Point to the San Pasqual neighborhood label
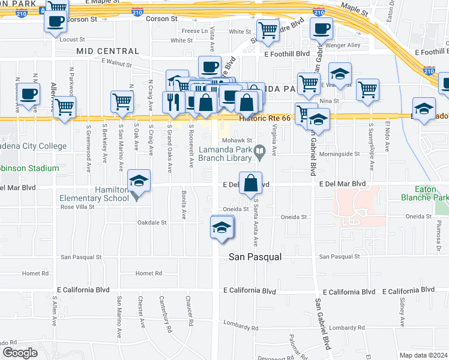[255, 257]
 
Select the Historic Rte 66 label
[264, 118]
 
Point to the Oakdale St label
[152, 222]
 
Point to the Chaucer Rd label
[189, 311]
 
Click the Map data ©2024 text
[424, 354]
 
